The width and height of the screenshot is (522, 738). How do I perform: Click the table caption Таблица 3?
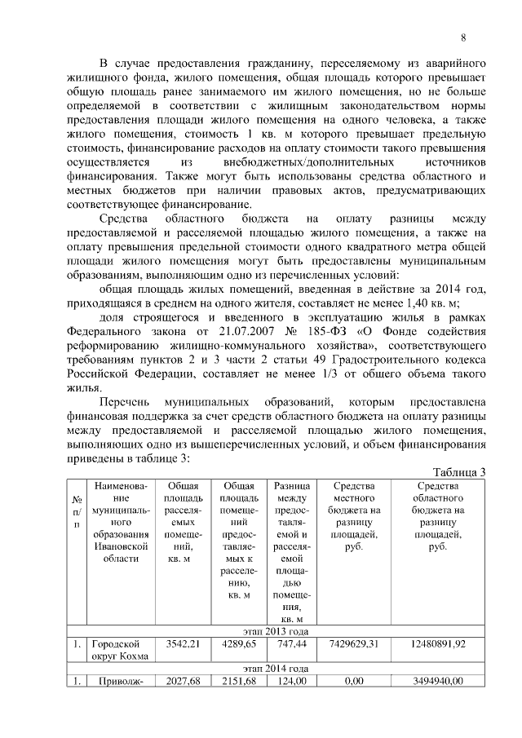[459, 473]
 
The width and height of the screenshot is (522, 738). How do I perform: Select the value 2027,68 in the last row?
[183, 681]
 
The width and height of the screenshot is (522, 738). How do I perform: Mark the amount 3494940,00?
[440, 681]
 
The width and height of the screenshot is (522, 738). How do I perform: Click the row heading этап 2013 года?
[276, 630]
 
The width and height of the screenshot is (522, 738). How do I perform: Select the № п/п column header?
[77, 510]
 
